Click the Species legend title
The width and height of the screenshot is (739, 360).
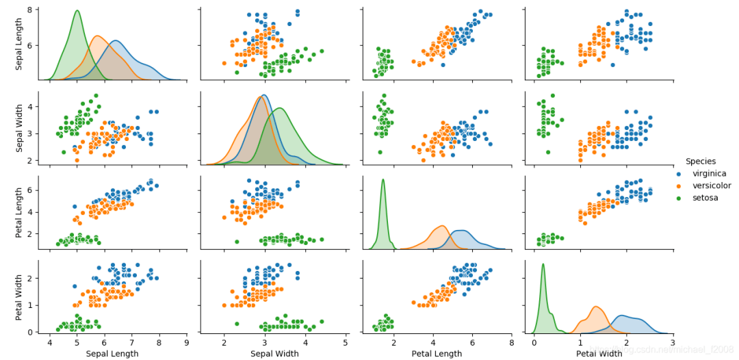[701, 162]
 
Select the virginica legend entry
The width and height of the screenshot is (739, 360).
[709, 174]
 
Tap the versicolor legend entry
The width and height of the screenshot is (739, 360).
[711, 185]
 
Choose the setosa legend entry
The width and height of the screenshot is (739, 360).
[705, 198]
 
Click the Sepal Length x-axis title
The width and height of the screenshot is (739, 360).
[113, 354]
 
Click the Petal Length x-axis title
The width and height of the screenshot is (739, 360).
[437, 354]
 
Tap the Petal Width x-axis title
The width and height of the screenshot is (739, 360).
[599, 354]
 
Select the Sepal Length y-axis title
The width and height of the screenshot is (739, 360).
[20, 44]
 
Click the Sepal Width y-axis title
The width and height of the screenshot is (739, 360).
[20, 128]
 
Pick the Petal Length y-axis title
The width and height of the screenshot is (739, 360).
[20, 212]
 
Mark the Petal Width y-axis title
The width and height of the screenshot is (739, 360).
[20, 296]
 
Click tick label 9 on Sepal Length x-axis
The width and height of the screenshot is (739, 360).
[187, 342]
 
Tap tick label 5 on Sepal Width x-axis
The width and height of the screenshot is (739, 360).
[346, 342]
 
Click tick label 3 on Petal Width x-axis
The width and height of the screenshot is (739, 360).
[673, 342]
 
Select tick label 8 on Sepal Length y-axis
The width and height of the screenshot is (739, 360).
[30, 10]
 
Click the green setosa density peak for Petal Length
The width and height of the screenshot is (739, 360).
[383, 180]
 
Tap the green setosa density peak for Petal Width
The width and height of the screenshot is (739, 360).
[543, 264]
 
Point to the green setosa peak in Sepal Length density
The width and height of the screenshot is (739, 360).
[77, 11]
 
